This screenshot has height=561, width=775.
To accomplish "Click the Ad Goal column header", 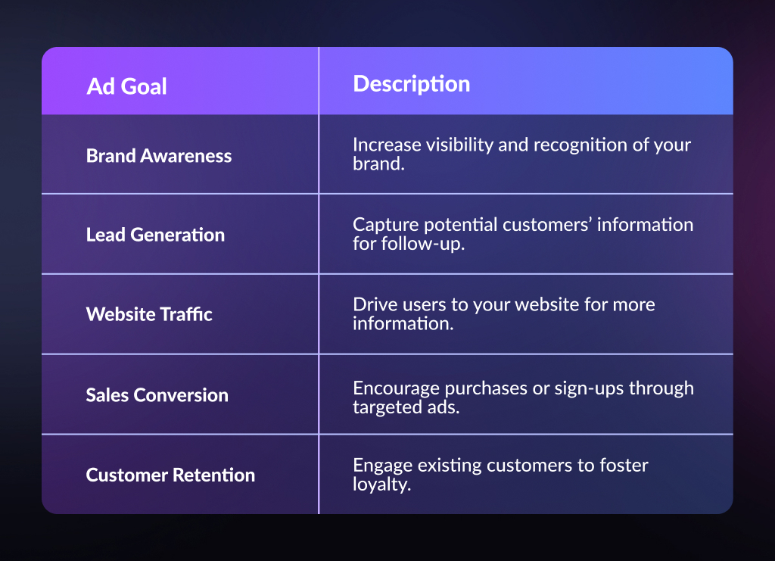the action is pos(126,86).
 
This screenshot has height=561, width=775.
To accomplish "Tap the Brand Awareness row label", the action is pos(159,156).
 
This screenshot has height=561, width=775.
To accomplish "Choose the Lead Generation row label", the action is pos(155,235).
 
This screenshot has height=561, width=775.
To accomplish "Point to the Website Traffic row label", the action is pos(149,314).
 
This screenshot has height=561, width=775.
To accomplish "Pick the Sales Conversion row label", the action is pos(157,395).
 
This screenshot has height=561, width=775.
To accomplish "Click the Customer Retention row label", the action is pos(170,475).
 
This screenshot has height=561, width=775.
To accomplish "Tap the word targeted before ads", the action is pos(387,407).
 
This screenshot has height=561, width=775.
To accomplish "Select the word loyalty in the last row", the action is pos(381,485).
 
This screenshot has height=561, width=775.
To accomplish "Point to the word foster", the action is pos(624,465).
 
